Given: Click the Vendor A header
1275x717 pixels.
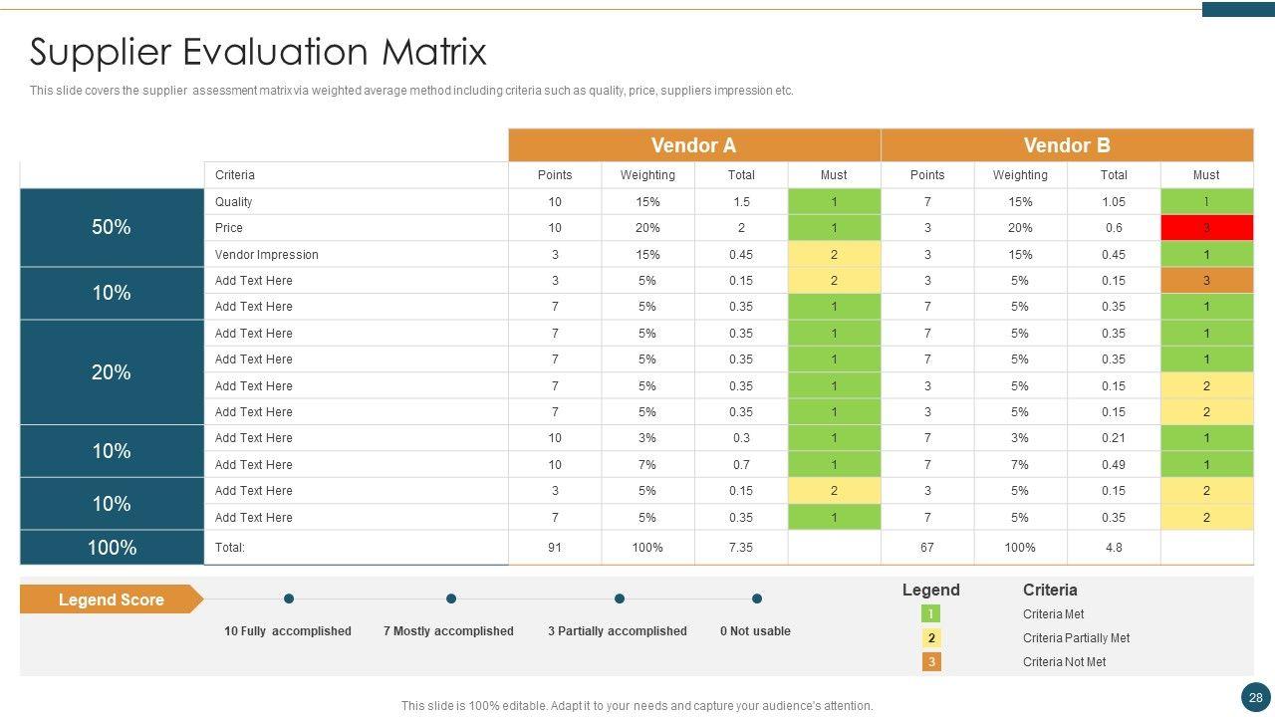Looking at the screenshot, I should (x=693, y=145).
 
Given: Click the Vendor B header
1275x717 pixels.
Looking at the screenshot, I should (x=1066, y=145).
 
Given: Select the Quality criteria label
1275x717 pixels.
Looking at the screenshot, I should (x=234, y=202).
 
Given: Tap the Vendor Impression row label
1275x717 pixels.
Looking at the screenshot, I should (x=267, y=255).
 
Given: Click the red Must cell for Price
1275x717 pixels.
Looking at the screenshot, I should (x=1206, y=228).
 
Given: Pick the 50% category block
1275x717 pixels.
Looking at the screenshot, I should (x=112, y=227).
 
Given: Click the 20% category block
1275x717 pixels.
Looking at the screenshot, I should (x=112, y=372).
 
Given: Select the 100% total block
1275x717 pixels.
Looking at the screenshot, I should (x=112, y=548).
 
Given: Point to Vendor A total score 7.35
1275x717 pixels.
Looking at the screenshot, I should (x=740, y=548).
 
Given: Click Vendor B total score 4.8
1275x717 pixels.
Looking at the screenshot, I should (x=1114, y=548).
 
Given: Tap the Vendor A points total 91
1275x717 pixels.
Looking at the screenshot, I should (x=555, y=548).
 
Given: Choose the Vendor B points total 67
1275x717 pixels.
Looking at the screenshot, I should (x=927, y=548).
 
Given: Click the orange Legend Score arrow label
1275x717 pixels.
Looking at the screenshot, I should (x=111, y=599).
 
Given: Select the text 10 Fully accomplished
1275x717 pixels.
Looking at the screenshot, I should (x=288, y=631).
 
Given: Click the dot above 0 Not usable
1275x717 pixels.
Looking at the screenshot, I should (x=757, y=598).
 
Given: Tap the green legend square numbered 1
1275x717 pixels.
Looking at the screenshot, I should (x=931, y=614).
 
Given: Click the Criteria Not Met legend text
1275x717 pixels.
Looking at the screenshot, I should (x=1064, y=662).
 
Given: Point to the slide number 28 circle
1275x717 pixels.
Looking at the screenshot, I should (x=1255, y=697).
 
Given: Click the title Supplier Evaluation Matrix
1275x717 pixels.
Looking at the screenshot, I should (x=258, y=52).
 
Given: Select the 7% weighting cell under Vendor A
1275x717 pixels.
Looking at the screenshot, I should (x=647, y=465).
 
